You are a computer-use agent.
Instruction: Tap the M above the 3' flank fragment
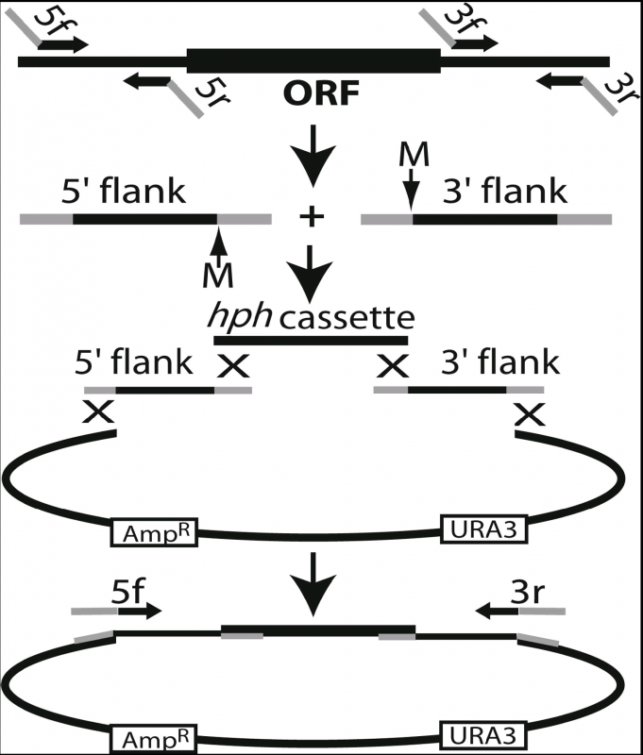click(x=409, y=154)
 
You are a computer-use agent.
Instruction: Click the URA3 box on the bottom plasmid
click(x=483, y=735)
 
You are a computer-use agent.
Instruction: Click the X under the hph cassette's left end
click(x=231, y=365)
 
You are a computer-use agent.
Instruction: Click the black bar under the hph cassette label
click(x=312, y=339)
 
